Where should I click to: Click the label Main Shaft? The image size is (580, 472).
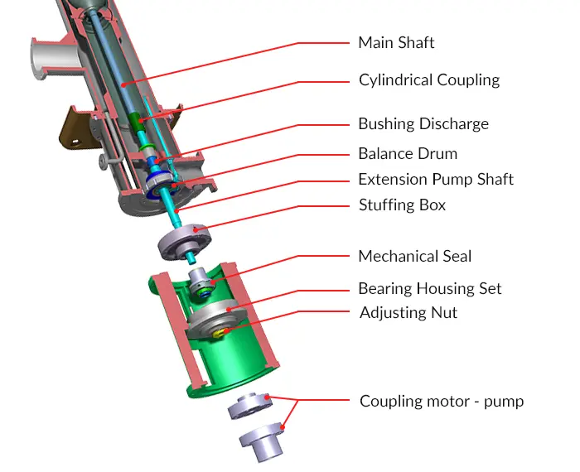click(396, 42)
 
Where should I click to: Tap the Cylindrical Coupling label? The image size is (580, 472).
click(428, 80)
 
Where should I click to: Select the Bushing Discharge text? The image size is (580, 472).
click(423, 124)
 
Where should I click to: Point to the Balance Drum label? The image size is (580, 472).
click(407, 154)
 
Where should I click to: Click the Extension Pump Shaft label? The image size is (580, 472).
click(435, 180)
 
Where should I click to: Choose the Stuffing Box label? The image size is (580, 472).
click(402, 205)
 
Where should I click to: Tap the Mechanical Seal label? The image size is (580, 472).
click(414, 256)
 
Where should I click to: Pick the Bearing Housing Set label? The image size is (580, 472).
click(429, 289)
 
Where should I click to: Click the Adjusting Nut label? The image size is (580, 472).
click(408, 312)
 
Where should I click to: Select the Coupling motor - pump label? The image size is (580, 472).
click(441, 402)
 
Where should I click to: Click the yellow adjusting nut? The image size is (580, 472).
click(221, 333)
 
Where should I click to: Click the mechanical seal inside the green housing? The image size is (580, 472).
click(201, 286)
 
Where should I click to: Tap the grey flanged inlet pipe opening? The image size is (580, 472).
click(44, 58)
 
